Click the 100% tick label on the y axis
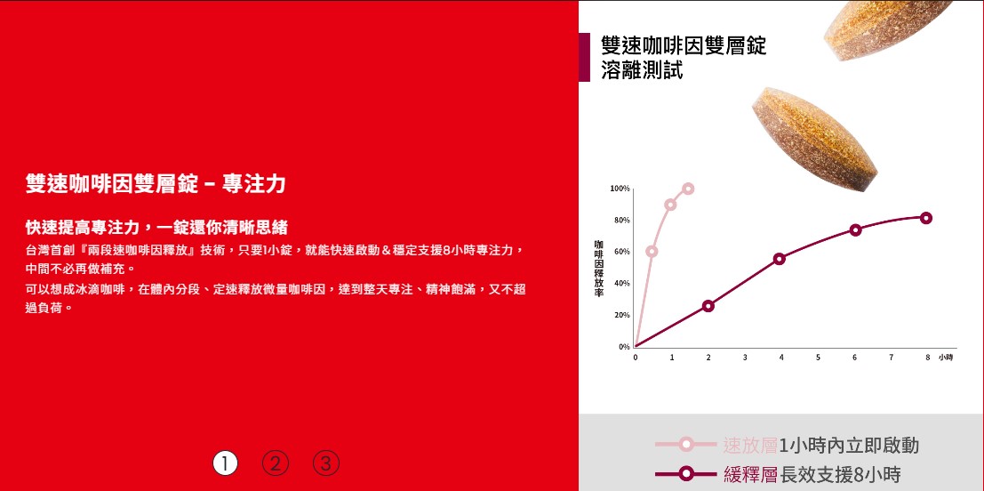tap(620, 189)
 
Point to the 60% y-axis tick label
tap(622, 252)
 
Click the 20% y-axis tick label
tap(622, 315)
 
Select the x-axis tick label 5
tap(818, 358)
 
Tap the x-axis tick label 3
tap(745, 358)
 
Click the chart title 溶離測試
tap(642, 70)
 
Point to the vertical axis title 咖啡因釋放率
tap(599, 268)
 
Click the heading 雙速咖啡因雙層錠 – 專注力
tap(156, 184)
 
